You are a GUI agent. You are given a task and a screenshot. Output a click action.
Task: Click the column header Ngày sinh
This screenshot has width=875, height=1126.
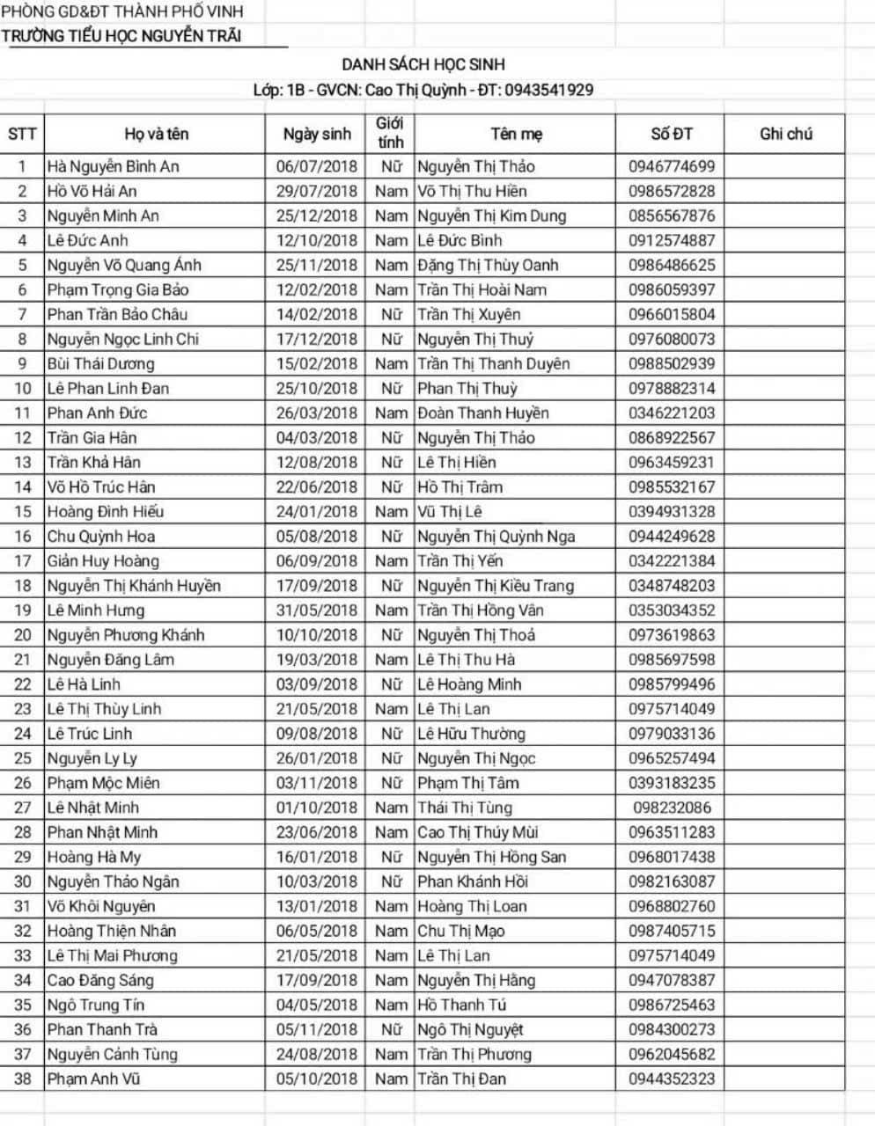pos(317,134)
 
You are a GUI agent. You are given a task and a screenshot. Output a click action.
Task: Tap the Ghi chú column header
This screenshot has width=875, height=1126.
pos(785,134)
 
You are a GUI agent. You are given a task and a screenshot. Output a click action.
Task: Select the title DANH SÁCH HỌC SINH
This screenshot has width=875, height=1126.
pos(423,64)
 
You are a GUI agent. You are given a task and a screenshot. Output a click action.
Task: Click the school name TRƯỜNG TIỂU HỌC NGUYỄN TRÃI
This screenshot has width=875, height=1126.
pos(121,36)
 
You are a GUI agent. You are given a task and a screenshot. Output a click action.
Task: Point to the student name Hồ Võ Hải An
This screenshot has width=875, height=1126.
pos(92,191)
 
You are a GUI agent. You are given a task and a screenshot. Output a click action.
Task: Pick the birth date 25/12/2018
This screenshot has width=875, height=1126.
pos(317,216)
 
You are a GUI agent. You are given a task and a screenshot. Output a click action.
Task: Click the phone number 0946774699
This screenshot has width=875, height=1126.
pos(671,166)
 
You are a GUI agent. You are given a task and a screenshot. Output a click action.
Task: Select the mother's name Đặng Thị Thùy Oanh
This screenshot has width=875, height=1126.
pos(488,265)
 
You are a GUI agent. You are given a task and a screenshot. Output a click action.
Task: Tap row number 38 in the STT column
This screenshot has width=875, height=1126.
pos(23,1078)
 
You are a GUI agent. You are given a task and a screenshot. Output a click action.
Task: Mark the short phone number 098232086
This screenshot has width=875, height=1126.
pos(671,808)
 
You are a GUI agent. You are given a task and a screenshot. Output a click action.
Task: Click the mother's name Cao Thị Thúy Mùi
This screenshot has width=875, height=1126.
pos(478,832)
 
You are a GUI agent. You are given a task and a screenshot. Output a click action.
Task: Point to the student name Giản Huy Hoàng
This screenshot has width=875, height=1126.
pos(104,561)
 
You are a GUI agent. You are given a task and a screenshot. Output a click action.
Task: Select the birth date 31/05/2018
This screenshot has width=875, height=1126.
pos(317,611)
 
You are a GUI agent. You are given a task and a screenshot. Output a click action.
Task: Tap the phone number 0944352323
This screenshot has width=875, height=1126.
pos(671,1078)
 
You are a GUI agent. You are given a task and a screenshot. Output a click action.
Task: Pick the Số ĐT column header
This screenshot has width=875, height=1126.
pos(671,134)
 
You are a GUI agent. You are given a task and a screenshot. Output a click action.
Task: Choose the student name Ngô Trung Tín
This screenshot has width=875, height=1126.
pos(96,1005)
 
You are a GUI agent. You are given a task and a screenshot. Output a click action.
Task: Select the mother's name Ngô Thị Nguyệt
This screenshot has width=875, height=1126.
pos(470,1029)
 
